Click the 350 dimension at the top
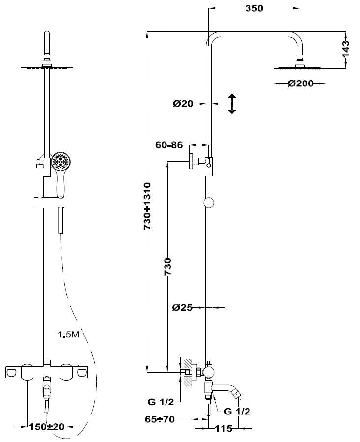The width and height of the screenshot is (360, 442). pyautogui.click(x=254, y=8)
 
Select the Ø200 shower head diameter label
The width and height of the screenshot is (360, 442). pyautogui.click(x=301, y=83)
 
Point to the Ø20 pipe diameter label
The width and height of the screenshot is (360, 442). pyautogui.click(x=183, y=103)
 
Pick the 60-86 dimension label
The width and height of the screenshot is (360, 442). pyautogui.click(x=168, y=145)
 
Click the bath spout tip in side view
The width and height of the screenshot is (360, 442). pyautogui.click(x=238, y=392)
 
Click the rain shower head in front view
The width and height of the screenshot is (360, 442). pyautogui.click(x=46, y=67)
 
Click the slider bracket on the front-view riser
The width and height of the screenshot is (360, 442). pyautogui.click(x=48, y=201)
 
